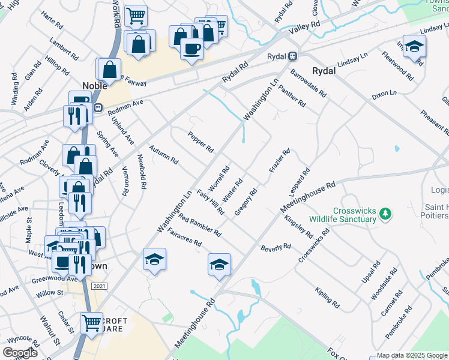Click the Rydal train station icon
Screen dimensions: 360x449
(x=292, y=56)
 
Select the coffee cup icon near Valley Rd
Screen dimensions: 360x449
(x=191, y=49)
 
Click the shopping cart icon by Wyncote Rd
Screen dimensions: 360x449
(x=91, y=323)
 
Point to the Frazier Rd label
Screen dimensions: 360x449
(x=280, y=161)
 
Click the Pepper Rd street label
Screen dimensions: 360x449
(x=200, y=142)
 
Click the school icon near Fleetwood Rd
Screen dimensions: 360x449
(x=414, y=46)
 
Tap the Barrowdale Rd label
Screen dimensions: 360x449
(x=307, y=83)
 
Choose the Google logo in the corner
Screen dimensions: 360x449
(x=20, y=353)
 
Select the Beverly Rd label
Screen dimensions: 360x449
(x=276, y=247)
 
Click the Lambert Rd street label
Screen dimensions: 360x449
(x=64, y=49)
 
